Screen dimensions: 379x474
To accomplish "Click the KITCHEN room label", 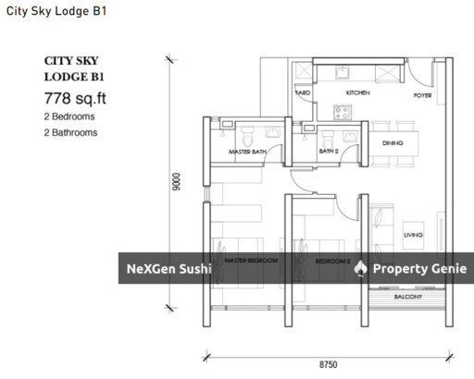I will [358, 93].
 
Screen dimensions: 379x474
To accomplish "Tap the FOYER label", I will [422, 93].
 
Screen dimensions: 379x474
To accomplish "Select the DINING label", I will [393, 143].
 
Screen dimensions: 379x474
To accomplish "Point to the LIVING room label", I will [413, 236].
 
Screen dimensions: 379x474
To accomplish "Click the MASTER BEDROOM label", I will [252, 262].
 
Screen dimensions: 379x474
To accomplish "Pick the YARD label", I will [303, 93].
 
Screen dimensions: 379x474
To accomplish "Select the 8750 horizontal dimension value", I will [329, 365].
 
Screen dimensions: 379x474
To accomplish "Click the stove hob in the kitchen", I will [341, 113].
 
